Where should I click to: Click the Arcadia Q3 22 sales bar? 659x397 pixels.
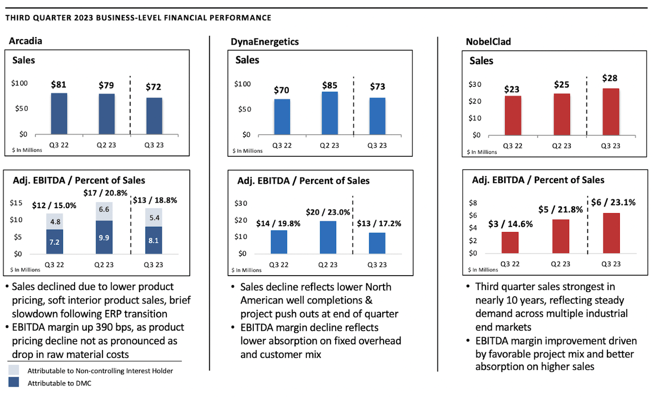click(59, 114)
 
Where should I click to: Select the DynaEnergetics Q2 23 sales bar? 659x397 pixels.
click(329, 113)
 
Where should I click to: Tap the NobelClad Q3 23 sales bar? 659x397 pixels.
click(611, 112)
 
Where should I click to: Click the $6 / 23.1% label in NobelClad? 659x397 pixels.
click(617, 203)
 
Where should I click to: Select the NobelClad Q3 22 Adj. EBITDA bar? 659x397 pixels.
click(510, 242)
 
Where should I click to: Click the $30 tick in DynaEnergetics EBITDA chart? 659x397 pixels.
click(240, 204)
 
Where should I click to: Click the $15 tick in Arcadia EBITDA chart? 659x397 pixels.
click(16, 203)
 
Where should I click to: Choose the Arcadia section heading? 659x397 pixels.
click(26, 42)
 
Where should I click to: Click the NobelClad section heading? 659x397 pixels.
click(487, 42)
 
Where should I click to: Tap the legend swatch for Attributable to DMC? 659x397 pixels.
click(14, 383)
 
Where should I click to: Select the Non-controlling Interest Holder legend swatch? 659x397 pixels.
click(14, 370)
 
